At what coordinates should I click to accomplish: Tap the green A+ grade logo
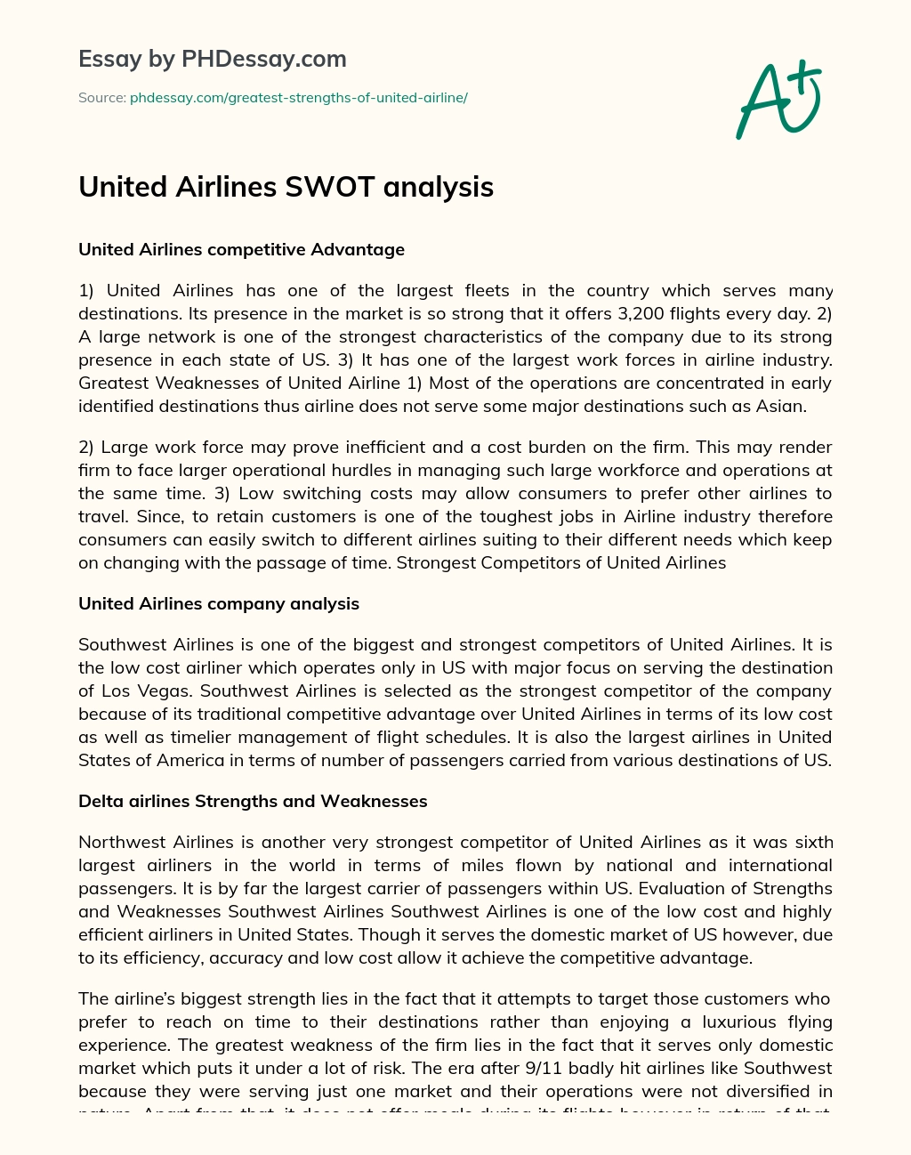pyautogui.click(x=778, y=99)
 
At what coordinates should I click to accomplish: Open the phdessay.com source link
pyautogui.click(x=299, y=98)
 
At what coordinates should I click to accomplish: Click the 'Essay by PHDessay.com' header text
pyautogui.click(x=213, y=59)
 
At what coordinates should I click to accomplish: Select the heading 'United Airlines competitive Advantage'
pyautogui.click(x=241, y=250)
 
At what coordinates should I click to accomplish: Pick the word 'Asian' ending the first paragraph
pyautogui.click(x=783, y=406)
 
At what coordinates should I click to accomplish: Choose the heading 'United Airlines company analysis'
pyautogui.click(x=219, y=604)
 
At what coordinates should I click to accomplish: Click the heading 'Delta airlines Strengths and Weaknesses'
pyautogui.click(x=253, y=802)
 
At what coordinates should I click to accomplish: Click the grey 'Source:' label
pyautogui.click(x=102, y=98)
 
